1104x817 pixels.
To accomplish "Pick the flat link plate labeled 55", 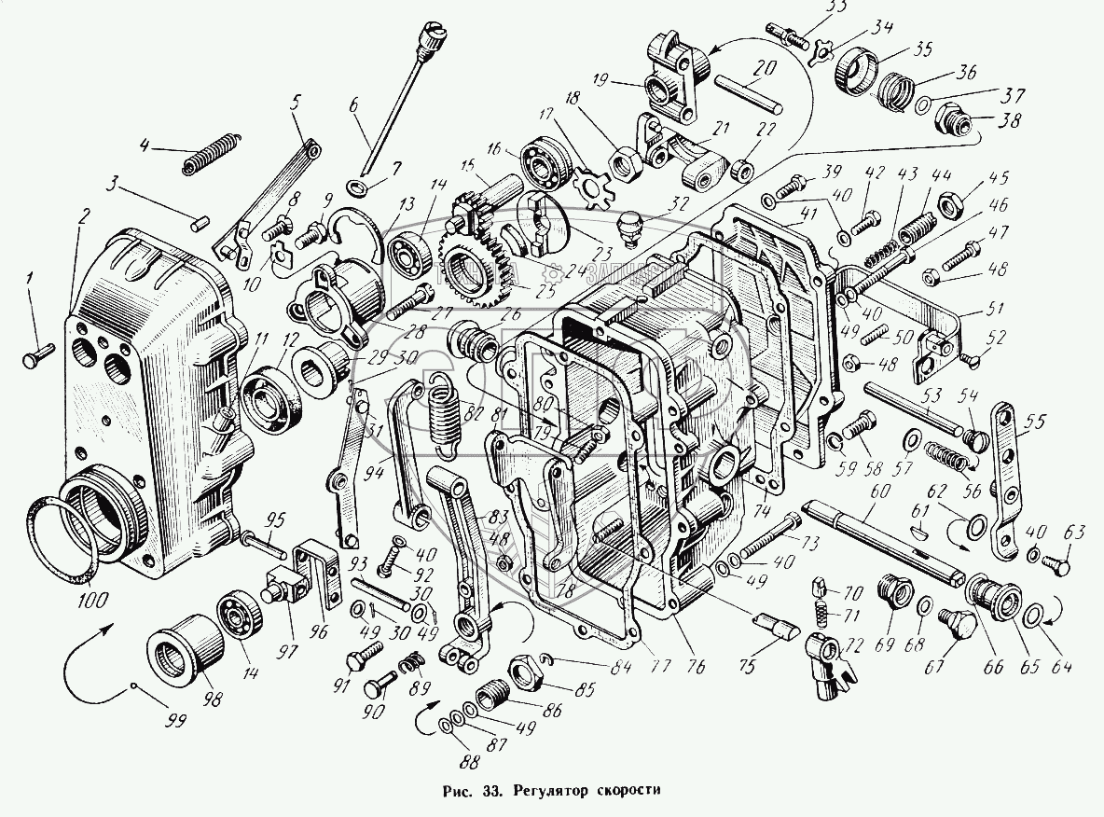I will point(1005,476).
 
